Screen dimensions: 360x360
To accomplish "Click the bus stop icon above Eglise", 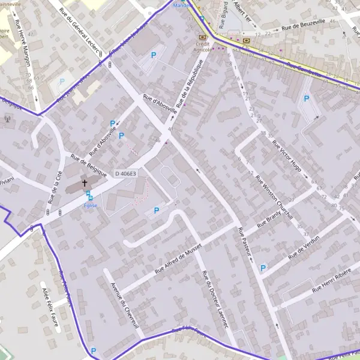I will coord(89,194).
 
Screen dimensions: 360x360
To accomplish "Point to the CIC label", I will coord(246,46).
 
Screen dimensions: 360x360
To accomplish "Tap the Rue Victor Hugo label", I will coord(286,156).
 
